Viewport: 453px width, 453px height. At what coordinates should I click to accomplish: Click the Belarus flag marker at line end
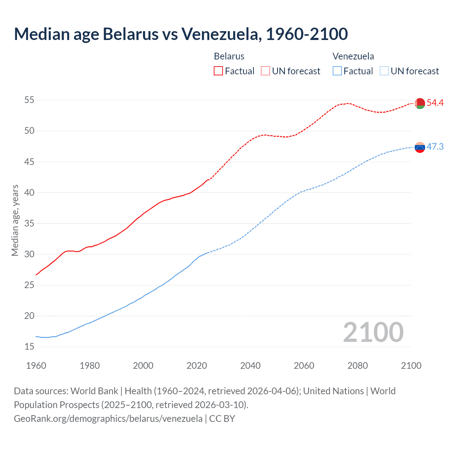pyautogui.click(x=420, y=103)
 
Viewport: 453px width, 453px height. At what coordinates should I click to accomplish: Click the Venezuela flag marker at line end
pyautogui.click(x=420, y=147)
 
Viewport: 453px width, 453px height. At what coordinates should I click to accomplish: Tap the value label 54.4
pyautogui.click(x=435, y=103)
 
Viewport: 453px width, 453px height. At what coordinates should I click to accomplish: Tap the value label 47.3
pyautogui.click(x=435, y=147)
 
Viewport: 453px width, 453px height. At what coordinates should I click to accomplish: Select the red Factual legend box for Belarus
pyautogui.click(x=218, y=71)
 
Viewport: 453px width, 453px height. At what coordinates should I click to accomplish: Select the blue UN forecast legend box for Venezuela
pyautogui.click(x=384, y=71)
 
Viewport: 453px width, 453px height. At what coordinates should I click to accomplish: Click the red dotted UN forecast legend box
pyautogui.click(x=265, y=71)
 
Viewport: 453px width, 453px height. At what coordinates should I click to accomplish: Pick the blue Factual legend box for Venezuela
pyautogui.click(x=337, y=71)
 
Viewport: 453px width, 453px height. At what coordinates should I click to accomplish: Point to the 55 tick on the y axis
pyautogui.click(x=29, y=100)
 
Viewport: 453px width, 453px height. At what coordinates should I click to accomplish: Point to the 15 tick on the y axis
pyautogui.click(x=29, y=347)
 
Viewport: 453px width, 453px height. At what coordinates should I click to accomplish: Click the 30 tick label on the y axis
pyautogui.click(x=29, y=254)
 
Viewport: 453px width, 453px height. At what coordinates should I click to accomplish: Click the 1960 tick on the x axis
pyautogui.click(x=36, y=366)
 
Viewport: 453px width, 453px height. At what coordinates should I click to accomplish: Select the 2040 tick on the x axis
pyautogui.click(x=250, y=366)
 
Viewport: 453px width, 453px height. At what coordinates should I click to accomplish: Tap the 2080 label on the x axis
pyautogui.click(x=357, y=366)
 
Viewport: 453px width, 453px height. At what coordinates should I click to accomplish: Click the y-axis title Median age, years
pyautogui.click(x=15, y=220)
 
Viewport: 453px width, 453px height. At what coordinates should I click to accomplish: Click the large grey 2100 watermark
pyautogui.click(x=373, y=332)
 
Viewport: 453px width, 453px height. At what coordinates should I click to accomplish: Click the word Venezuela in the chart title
pyautogui.click(x=222, y=34)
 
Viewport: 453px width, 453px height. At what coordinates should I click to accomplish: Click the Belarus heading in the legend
pyautogui.click(x=229, y=56)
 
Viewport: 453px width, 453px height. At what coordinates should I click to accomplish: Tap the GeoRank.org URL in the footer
pyautogui.click(x=108, y=418)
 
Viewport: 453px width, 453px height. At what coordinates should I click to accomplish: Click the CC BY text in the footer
pyautogui.click(x=222, y=418)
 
